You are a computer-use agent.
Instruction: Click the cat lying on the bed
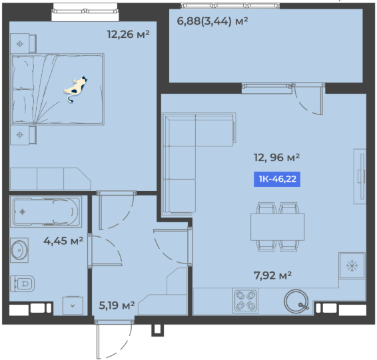tap(75, 89)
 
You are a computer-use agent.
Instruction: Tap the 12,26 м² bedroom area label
tap(128, 35)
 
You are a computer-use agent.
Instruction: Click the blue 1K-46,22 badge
tap(277, 179)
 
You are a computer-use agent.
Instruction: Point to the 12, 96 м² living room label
tap(276, 158)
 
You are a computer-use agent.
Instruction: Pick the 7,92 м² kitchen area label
tap(272, 275)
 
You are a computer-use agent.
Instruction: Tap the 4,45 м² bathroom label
tap(63, 241)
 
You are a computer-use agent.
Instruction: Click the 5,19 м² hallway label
tap(117, 305)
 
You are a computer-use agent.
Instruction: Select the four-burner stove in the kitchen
tap(245, 301)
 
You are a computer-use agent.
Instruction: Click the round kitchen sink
tap(296, 301)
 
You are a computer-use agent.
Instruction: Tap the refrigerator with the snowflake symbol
tap(352, 266)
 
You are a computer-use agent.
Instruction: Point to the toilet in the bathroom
tap(23, 284)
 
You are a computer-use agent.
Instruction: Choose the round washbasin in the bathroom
tap(19, 250)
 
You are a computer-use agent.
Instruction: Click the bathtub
tap(46, 212)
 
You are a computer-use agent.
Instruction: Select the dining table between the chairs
tap(278, 227)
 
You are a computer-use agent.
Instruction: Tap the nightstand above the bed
tap(23, 43)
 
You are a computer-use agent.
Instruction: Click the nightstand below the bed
tap(23, 135)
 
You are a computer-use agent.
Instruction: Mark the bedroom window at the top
tap(85, 11)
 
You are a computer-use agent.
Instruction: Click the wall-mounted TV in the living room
tap(360, 176)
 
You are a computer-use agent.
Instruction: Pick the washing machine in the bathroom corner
tap(73, 305)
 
